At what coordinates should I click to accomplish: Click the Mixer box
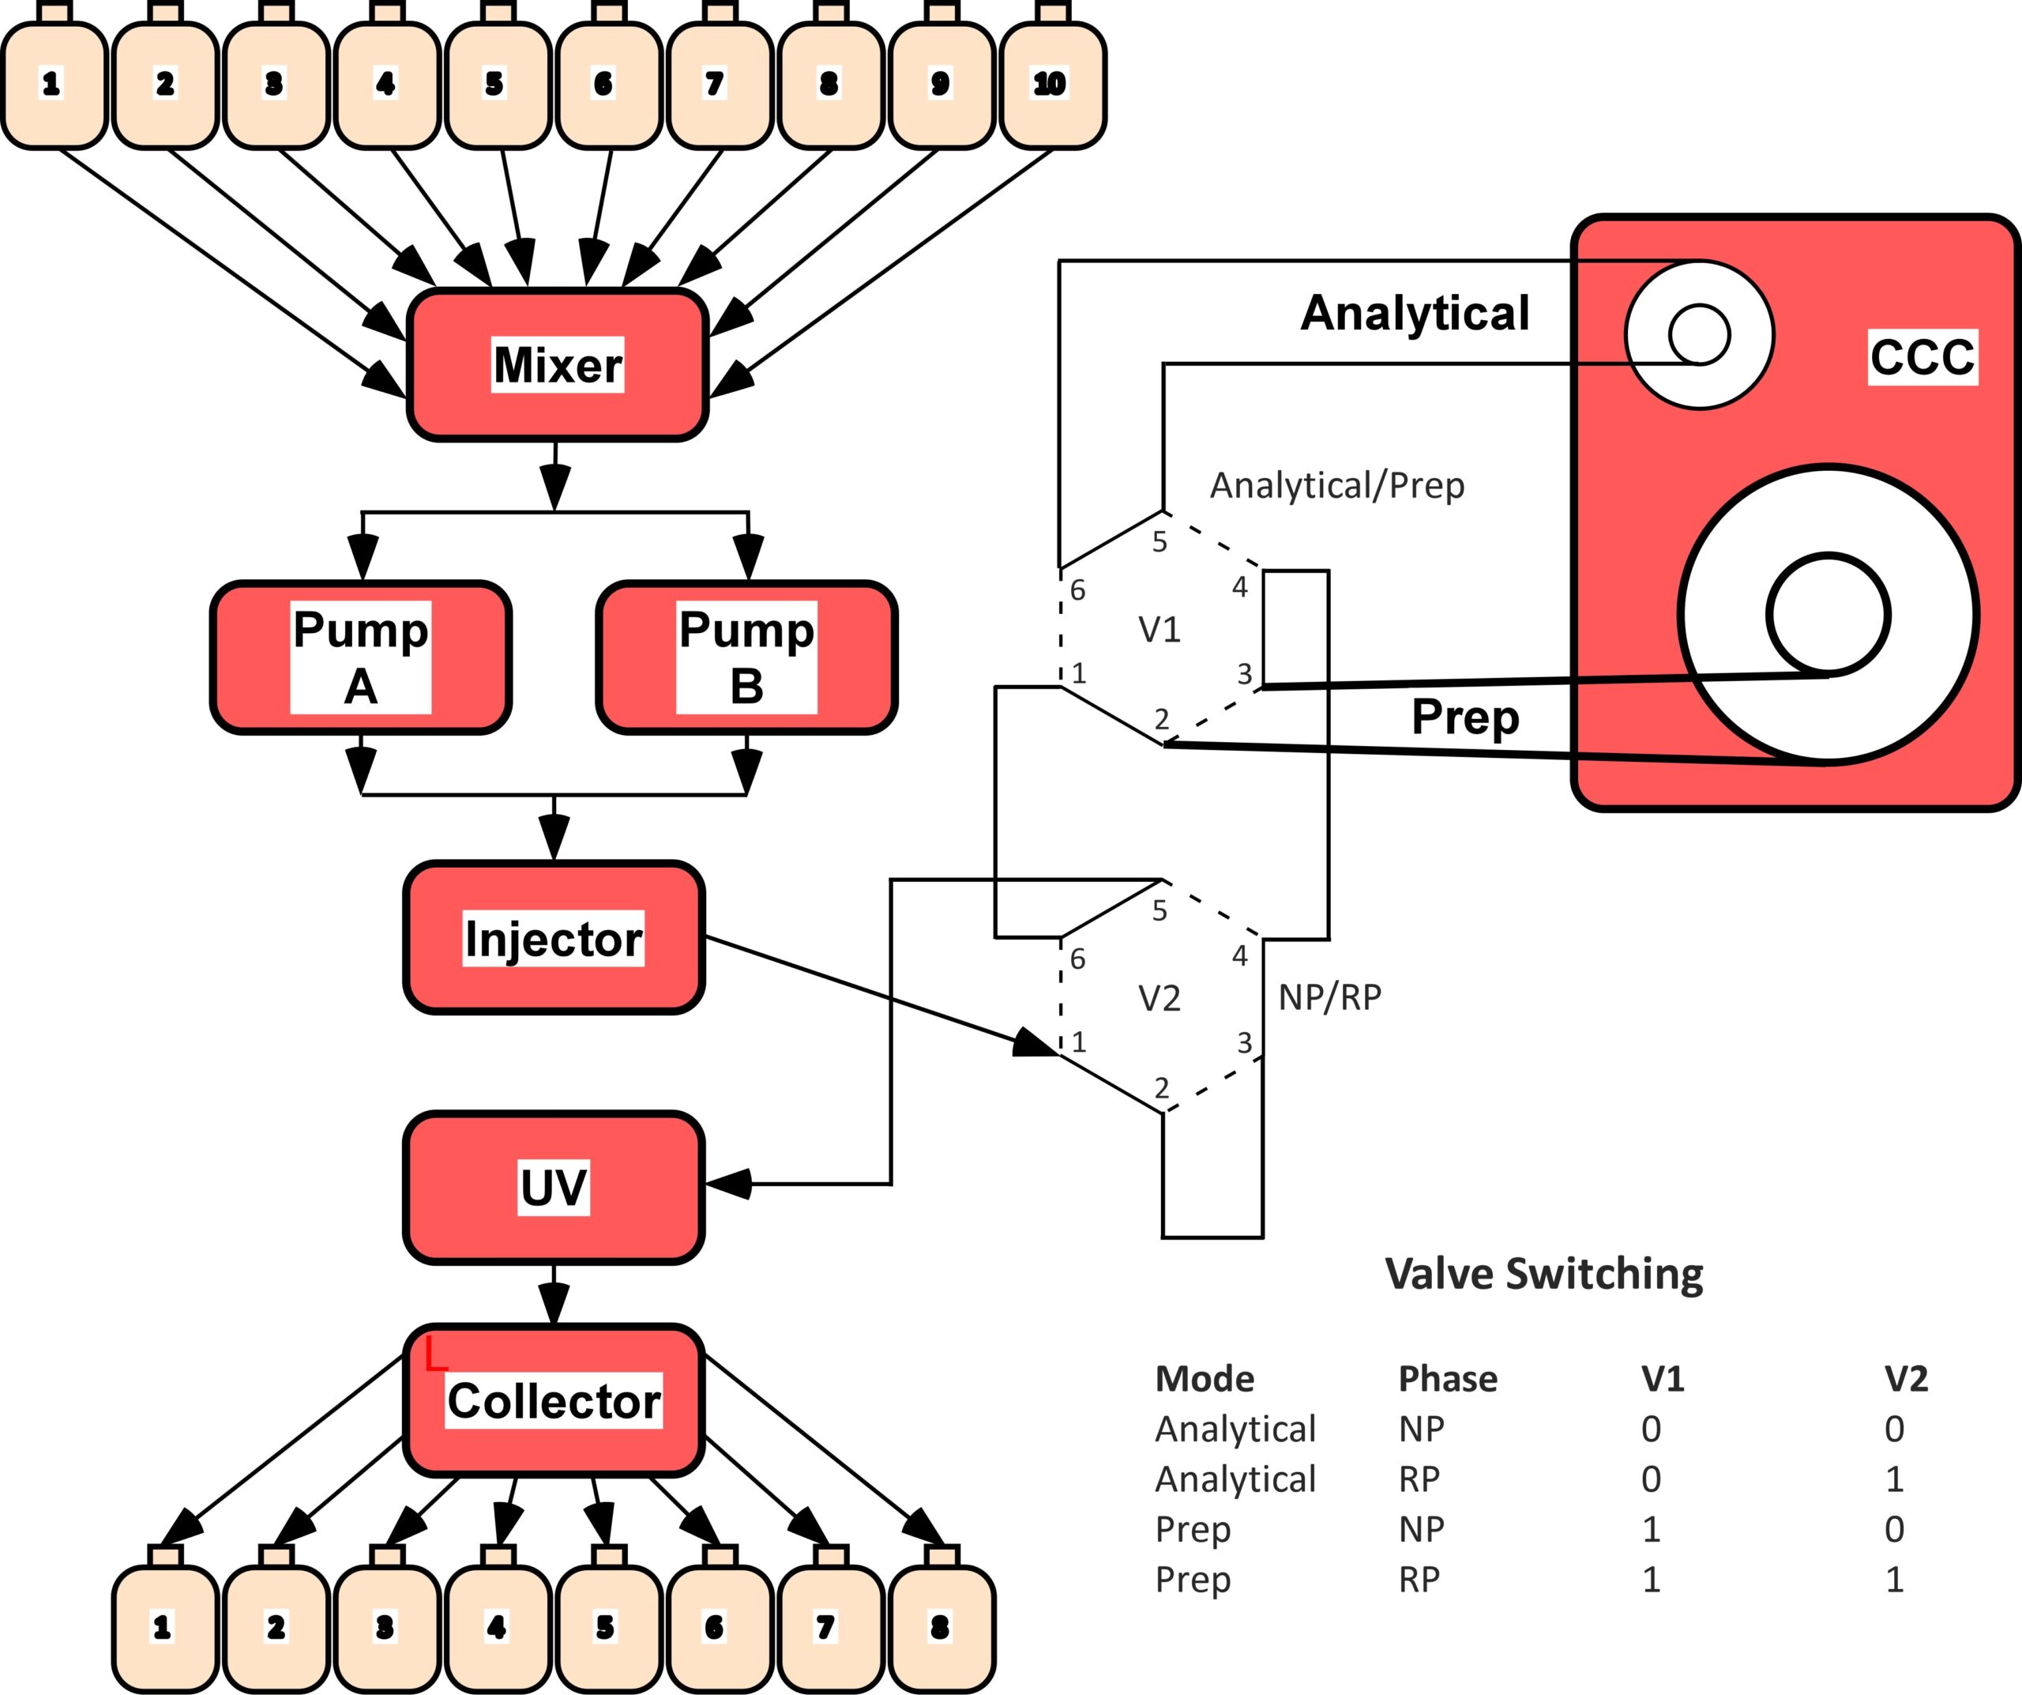(x=558, y=364)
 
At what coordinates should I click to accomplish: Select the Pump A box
(x=361, y=657)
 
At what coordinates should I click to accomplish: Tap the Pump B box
(x=746, y=657)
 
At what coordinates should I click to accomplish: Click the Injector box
(x=554, y=938)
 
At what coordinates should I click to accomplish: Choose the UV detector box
(x=554, y=1188)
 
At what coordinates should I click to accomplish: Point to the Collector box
(x=554, y=1400)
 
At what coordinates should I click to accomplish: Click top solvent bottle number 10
(x=1052, y=77)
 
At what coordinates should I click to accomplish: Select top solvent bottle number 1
(x=54, y=77)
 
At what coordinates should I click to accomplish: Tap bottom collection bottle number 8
(x=941, y=1618)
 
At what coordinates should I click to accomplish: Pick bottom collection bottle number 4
(x=498, y=1618)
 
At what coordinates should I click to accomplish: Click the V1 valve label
(x=1159, y=630)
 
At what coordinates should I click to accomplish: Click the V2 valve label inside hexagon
(x=1159, y=999)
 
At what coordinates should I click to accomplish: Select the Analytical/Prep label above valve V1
(x=1337, y=485)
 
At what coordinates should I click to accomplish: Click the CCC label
(x=1922, y=357)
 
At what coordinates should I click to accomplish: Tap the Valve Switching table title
(x=1544, y=1274)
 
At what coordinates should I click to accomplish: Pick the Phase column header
(x=1448, y=1379)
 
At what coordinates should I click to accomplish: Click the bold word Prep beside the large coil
(x=1465, y=718)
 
